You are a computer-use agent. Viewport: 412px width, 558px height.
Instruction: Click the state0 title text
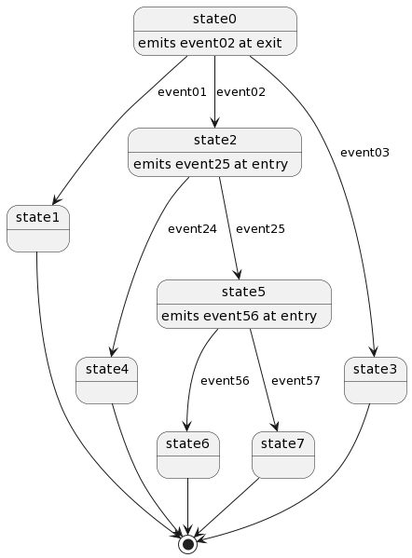214,19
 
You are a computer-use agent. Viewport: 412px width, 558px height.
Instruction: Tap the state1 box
38,228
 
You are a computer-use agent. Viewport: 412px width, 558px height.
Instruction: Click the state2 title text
214,140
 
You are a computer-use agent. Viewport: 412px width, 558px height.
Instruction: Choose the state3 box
376,380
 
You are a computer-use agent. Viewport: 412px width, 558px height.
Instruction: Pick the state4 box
107,380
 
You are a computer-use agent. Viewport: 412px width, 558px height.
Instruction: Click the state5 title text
244,292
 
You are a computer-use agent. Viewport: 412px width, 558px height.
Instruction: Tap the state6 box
188,454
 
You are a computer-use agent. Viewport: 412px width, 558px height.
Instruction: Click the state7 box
283,454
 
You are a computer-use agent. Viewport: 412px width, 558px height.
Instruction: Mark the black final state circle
188,543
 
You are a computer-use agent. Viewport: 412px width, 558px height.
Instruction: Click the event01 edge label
182,92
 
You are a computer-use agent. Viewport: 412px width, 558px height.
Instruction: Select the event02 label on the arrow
240,92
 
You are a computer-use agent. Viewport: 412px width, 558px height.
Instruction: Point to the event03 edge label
364,153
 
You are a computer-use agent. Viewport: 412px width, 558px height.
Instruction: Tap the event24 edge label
192,229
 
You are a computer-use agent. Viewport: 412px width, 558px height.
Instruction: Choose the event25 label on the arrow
261,229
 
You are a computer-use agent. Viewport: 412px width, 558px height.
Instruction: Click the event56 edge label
225,381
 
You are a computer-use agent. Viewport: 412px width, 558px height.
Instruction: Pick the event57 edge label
295,381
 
